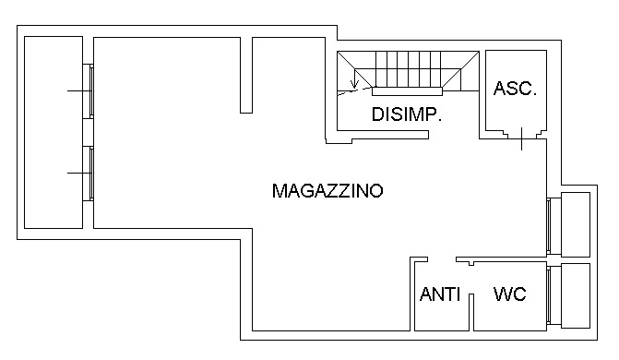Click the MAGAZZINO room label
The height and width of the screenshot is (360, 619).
pyautogui.click(x=327, y=191)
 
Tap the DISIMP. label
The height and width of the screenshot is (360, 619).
pyautogui.click(x=407, y=115)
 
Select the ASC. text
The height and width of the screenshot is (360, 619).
pyautogui.click(x=515, y=89)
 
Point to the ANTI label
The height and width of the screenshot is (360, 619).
pyautogui.click(x=440, y=295)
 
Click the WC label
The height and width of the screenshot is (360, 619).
pyautogui.click(x=510, y=295)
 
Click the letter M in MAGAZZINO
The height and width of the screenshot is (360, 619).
pyautogui.click(x=280, y=191)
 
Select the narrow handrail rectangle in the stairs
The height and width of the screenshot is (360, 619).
pyautogui.click(x=409, y=90)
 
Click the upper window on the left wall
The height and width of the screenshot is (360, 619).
pyautogui.click(x=89, y=90)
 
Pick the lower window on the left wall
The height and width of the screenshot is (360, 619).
pyautogui.click(x=89, y=173)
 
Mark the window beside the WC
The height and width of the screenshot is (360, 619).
pyautogui.click(x=552, y=295)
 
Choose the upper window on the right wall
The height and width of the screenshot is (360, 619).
pyautogui.click(x=552, y=224)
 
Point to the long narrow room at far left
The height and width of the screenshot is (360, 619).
pyautogui.click(x=54, y=132)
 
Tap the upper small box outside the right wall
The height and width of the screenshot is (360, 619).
pyautogui.click(x=576, y=224)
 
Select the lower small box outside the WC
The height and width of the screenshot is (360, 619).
pyautogui.click(x=576, y=295)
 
